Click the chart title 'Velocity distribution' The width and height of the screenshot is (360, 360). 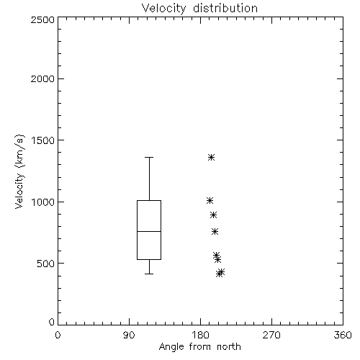point(199,8)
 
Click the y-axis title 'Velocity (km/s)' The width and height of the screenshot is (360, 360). point(19,171)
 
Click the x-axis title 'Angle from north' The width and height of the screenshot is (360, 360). point(199,347)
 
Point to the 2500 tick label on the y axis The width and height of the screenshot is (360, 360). point(42,19)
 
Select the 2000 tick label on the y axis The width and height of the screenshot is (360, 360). point(42,78)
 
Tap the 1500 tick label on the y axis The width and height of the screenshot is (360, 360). point(43,140)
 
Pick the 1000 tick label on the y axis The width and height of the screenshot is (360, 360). point(43,202)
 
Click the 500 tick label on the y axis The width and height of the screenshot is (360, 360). point(46,264)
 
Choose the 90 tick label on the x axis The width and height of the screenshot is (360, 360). point(129,335)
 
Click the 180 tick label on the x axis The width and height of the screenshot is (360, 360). point(199,335)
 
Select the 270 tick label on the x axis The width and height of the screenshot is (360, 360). point(271,335)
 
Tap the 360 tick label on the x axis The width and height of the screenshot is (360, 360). point(343,335)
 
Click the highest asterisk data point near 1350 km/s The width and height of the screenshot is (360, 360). point(211,158)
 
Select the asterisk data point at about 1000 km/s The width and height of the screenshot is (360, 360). point(210,200)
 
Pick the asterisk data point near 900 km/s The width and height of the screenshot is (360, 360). point(213,215)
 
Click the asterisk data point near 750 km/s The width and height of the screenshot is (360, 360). point(215,232)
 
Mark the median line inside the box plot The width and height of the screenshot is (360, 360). point(149,231)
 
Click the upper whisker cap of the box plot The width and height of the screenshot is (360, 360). point(149,158)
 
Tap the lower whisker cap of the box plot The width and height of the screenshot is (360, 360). point(149,274)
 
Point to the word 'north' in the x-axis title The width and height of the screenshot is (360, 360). point(229,347)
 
